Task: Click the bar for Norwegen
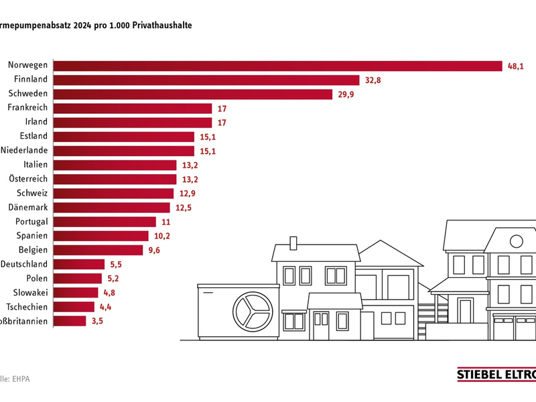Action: (x=277, y=66)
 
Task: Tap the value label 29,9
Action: (x=346, y=94)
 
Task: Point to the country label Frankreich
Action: (x=27, y=108)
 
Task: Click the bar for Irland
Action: (x=132, y=122)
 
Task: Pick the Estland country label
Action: (x=33, y=137)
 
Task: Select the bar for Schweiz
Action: (x=114, y=193)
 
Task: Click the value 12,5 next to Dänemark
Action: (x=184, y=207)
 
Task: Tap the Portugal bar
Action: (x=105, y=221)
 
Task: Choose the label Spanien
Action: (x=31, y=236)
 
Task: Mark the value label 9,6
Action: (x=155, y=250)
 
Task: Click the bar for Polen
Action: (x=77, y=278)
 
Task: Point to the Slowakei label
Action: (x=30, y=292)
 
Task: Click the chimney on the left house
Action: (x=293, y=242)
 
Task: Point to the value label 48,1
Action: (x=516, y=66)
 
